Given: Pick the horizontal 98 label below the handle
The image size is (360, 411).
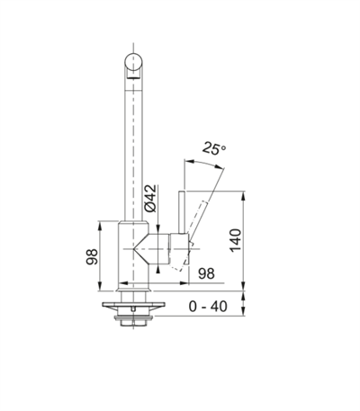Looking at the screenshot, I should coord(204,273).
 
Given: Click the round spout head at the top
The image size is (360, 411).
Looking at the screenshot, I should coord(133,66).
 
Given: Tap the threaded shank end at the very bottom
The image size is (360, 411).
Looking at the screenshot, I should coord(133,321).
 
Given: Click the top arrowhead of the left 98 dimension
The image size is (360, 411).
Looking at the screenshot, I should coord(100,224).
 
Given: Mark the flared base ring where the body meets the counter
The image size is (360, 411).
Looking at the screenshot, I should coord(133,289).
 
